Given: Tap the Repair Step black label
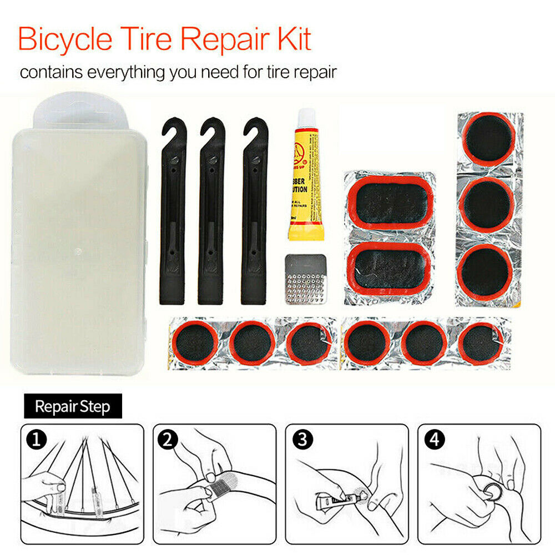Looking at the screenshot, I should [72, 406].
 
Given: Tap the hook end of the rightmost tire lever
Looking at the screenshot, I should [255, 133].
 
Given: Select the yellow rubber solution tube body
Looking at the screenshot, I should [305, 183].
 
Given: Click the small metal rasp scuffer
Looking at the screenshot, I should [306, 279].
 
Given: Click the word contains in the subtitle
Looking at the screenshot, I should [49, 72].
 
